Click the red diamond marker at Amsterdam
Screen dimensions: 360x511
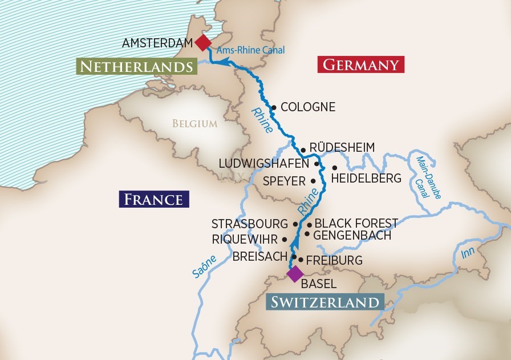click(202, 43)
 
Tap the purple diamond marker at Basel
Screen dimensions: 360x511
click(295, 274)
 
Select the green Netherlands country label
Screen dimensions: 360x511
click(136, 67)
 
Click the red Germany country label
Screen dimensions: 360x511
click(360, 64)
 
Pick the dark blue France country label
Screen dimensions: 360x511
click(153, 199)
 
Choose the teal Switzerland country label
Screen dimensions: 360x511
click(325, 302)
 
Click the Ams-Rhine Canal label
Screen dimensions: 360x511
click(250, 50)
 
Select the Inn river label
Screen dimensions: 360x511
click(468, 253)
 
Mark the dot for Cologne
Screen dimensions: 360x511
click(274, 107)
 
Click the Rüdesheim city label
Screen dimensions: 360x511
click(342, 148)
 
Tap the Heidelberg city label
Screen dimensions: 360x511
click(366, 179)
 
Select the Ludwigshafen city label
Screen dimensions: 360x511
click(264, 164)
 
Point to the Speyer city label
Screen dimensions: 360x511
click(285, 181)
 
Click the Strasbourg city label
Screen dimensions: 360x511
click(250, 224)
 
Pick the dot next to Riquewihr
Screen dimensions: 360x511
click(285, 239)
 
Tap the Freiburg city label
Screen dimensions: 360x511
click(334, 260)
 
